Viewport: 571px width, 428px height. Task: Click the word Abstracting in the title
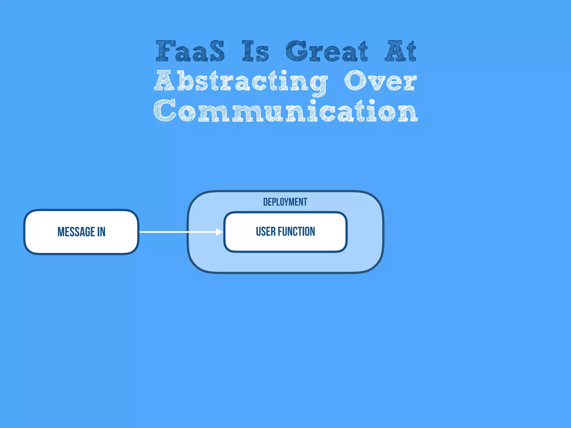(241, 81)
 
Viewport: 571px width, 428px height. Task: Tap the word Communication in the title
(285, 111)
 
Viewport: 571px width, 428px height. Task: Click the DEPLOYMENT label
(285, 202)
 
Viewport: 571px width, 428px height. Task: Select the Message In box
(81, 245)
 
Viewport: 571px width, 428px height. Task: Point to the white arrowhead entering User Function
(219, 232)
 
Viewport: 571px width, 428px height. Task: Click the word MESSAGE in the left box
(76, 232)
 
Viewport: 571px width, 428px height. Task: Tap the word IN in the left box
(101, 232)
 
